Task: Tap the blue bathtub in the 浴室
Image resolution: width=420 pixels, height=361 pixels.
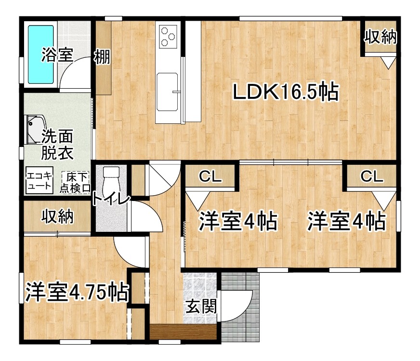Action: click(x=40, y=54)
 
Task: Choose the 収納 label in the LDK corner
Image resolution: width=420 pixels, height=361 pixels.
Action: click(x=380, y=37)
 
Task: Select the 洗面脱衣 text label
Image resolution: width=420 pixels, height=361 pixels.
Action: click(x=57, y=144)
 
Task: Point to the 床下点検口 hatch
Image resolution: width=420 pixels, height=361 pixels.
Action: click(x=76, y=182)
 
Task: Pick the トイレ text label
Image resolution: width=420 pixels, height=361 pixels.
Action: click(x=111, y=199)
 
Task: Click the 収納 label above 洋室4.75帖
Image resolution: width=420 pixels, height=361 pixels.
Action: click(x=57, y=217)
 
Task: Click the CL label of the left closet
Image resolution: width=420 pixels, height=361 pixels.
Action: click(x=210, y=177)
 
